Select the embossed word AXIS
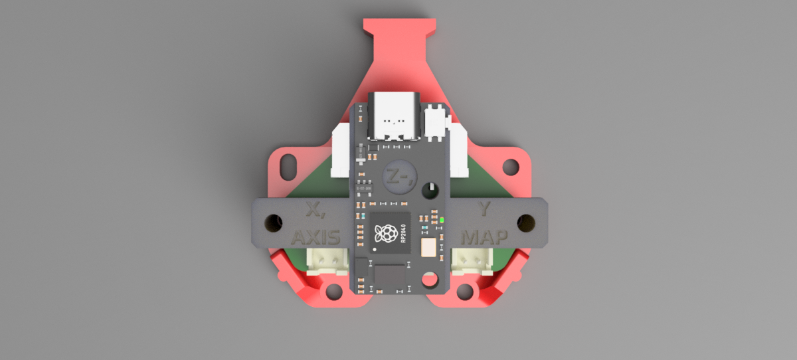[x=316, y=237]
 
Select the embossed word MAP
[x=485, y=236]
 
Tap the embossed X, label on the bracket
[x=314, y=212]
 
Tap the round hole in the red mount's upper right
[x=510, y=164]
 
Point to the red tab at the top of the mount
[x=400, y=27]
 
